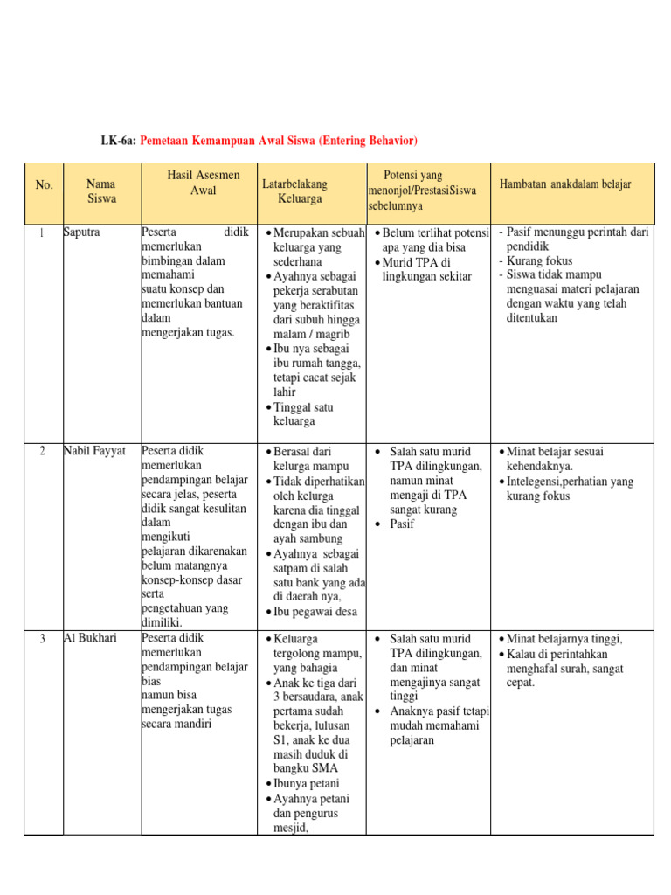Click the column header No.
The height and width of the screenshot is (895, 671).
(44, 184)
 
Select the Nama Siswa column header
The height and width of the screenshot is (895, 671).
(101, 191)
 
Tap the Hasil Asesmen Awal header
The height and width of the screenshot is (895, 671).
(197, 184)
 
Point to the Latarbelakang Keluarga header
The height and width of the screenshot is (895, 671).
(294, 191)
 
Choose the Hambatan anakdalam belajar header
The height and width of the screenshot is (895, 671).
(564, 184)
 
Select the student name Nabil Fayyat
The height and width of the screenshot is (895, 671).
(95, 452)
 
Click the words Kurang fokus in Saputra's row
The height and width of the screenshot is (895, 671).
(540, 261)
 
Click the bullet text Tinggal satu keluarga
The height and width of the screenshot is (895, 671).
(302, 414)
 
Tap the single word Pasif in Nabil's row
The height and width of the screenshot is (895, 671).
(402, 524)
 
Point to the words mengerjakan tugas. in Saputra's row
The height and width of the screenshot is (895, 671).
(188, 332)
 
